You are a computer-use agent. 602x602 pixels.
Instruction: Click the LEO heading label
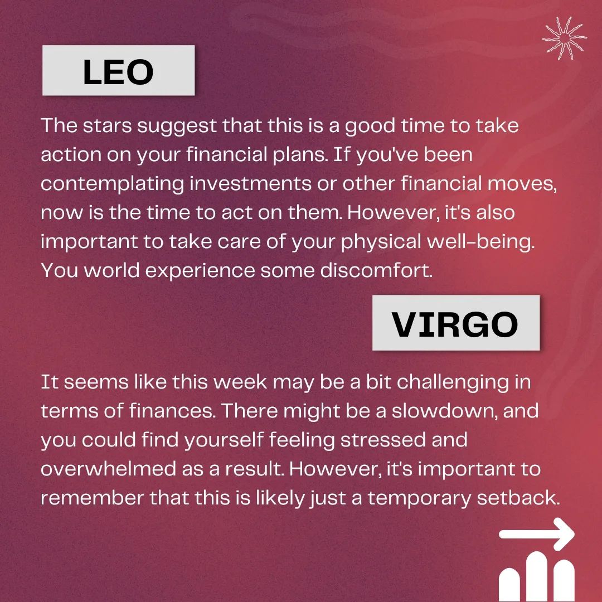click(118, 71)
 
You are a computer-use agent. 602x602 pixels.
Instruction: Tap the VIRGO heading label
click(456, 323)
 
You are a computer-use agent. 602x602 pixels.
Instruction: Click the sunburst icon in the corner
click(564, 38)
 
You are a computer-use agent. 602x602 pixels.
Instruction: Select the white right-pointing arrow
click(537, 534)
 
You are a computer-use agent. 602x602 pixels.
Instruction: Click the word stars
click(108, 125)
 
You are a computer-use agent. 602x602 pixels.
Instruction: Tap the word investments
click(250, 183)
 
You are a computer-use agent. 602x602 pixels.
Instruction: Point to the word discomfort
click(376, 270)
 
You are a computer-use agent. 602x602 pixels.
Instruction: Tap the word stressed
click(383, 440)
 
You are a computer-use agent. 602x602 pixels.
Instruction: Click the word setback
click(518, 498)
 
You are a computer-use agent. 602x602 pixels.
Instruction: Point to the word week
click(240, 382)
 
